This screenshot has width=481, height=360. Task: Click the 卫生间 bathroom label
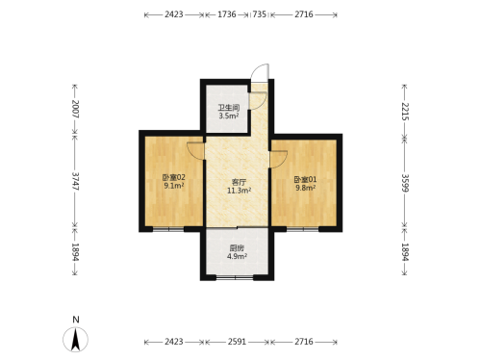click(x=229, y=108)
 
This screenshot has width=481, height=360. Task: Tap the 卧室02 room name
click(x=174, y=177)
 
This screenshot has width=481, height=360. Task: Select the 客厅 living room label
click(x=239, y=182)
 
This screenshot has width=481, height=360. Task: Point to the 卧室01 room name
click(x=305, y=180)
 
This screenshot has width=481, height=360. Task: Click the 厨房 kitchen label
click(x=237, y=248)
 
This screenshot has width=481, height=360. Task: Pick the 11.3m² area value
click(x=239, y=191)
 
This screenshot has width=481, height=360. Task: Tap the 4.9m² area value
click(x=237, y=256)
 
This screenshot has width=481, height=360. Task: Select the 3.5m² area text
click(x=229, y=116)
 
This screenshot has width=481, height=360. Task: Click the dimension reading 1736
click(x=227, y=14)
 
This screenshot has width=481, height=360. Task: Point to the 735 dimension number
click(x=259, y=14)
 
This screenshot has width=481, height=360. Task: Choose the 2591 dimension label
click(x=237, y=342)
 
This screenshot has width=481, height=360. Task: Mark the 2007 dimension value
click(x=75, y=109)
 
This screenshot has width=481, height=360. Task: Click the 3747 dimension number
click(x=75, y=181)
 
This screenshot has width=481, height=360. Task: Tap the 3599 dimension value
click(x=405, y=183)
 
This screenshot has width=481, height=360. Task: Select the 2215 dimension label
click(x=405, y=112)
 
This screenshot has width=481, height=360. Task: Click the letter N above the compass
click(x=76, y=320)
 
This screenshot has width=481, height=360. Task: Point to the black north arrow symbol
click(x=75, y=340)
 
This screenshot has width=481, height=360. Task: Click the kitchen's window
click(x=235, y=277)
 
